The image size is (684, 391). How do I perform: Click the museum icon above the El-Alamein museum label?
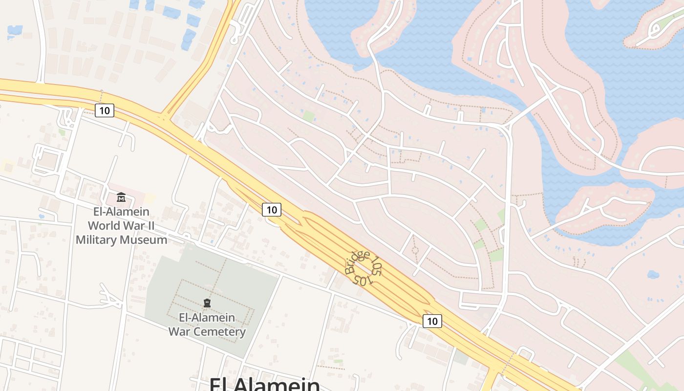click(x=121, y=197)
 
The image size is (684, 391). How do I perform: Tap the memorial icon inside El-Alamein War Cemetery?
click(x=207, y=304)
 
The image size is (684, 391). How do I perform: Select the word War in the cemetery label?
click(x=179, y=332)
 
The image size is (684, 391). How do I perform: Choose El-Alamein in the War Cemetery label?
click(x=207, y=318)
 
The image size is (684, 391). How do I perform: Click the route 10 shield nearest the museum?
click(x=104, y=110)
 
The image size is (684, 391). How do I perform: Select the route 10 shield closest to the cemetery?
click(x=272, y=210)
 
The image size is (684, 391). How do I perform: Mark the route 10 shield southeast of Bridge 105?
click(x=432, y=321)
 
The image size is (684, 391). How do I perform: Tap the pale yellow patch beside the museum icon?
click(x=150, y=198)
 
